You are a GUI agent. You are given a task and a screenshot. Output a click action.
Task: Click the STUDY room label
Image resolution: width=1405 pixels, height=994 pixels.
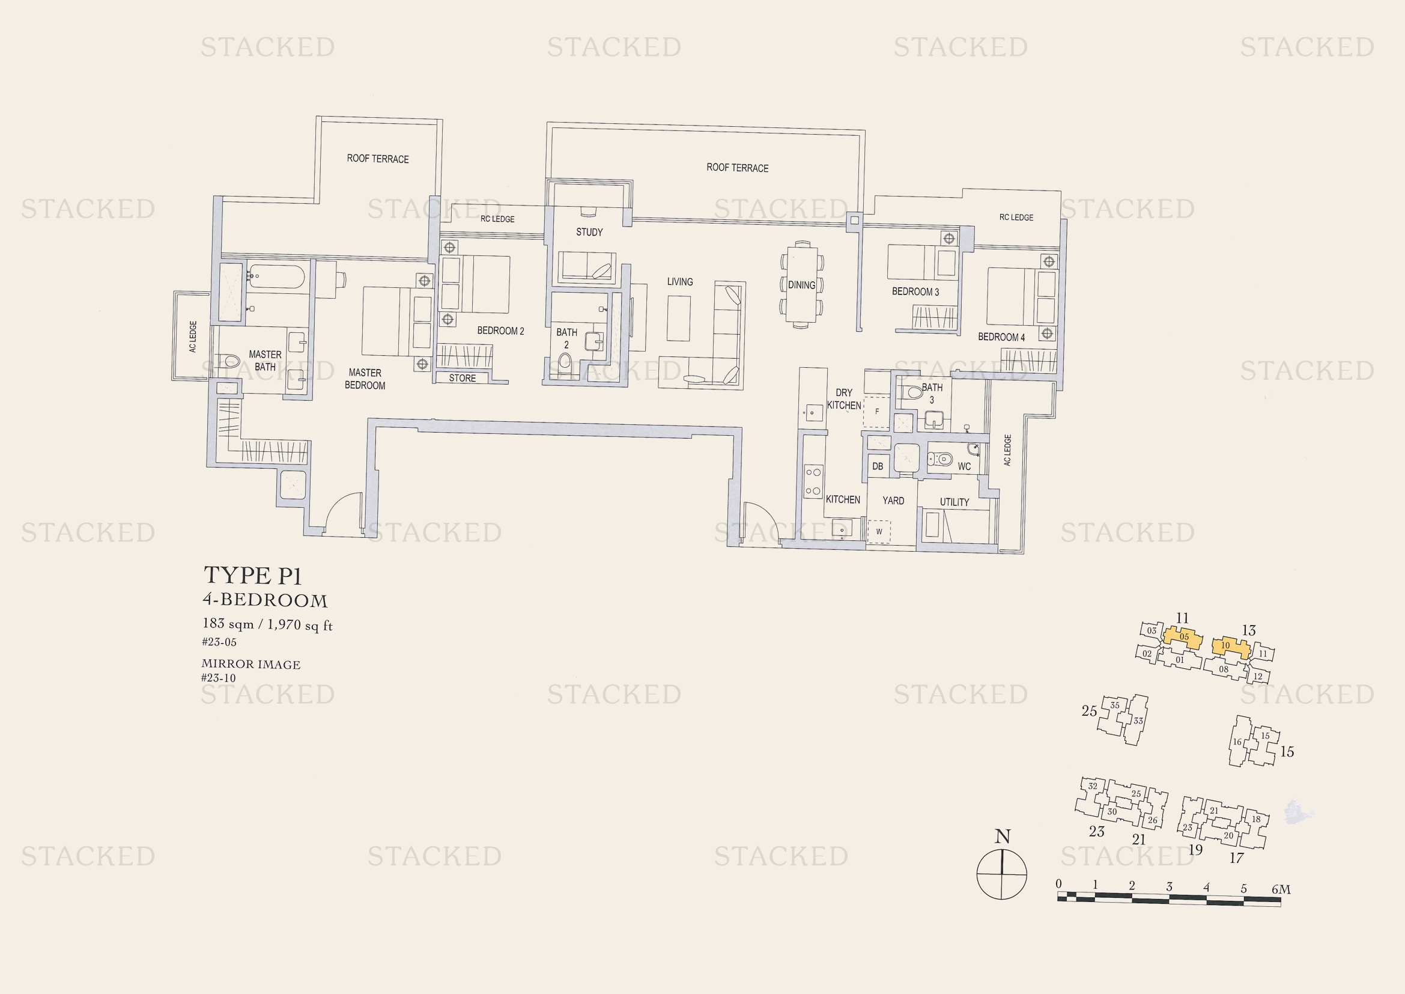[x=589, y=233]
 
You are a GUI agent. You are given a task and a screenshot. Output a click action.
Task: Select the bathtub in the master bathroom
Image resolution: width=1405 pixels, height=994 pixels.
[x=276, y=276]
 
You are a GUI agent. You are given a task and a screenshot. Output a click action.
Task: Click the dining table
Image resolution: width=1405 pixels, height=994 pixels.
[x=802, y=284]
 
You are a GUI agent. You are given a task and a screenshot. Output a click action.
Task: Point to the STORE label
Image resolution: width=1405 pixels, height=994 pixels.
[x=462, y=378]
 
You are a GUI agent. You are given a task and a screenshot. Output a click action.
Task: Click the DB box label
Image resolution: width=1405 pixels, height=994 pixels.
[x=878, y=466]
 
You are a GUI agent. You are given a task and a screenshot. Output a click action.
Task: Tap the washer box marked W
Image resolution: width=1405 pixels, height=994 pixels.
[x=879, y=531]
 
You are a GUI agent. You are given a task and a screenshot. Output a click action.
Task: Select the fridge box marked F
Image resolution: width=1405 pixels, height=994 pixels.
[x=876, y=411]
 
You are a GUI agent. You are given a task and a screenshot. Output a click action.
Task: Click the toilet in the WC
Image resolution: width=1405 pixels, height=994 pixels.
[x=941, y=459]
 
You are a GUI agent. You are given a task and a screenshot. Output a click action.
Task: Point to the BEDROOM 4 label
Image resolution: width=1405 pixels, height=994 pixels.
[x=1001, y=337]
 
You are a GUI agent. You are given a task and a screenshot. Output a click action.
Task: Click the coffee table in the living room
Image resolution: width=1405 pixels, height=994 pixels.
[x=678, y=319]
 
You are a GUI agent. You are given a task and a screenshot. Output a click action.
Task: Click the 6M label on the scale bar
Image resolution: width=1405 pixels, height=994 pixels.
[x=1281, y=889]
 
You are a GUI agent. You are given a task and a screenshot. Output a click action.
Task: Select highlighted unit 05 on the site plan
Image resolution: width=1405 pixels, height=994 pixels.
[x=1183, y=637]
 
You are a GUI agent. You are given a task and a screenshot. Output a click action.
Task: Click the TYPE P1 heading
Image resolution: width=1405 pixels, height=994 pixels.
[x=252, y=575]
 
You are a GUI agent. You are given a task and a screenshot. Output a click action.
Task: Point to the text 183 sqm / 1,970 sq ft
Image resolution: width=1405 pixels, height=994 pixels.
[x=267, y=624]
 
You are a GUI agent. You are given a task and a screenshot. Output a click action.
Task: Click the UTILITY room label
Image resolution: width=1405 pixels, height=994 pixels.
[x=954, y=502]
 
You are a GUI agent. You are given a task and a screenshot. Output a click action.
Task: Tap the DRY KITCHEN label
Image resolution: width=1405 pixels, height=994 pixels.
[x=844, y=399]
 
